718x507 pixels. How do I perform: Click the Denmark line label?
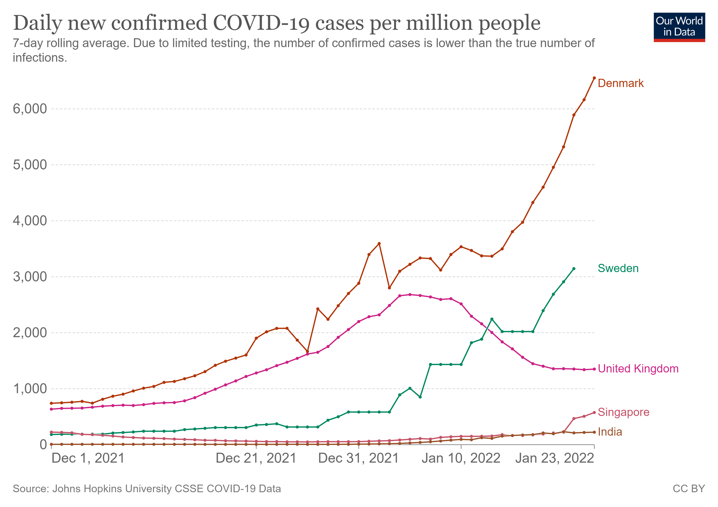coord(620,83)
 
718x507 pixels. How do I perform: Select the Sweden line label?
coord(618,268)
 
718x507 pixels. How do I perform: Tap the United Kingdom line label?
coord(638,369)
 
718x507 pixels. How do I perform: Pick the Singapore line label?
coord(623,412)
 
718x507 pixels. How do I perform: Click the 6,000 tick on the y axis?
coord(30,109)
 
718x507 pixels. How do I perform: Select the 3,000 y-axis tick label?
coord(30,277)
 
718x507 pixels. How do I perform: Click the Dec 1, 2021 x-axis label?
coord(88,458)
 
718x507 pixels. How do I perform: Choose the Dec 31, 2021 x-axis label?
coord(358,458)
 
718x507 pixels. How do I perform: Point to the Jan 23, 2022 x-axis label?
coord(555,458)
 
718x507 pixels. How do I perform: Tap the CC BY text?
coord(689,489)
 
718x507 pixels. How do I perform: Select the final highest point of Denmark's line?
coord(594,78)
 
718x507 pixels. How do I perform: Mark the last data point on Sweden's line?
coord(574,269)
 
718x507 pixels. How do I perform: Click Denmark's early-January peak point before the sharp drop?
coord(379,243)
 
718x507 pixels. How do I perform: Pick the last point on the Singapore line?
coord(594,413)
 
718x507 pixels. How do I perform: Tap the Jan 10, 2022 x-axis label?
coord(461,458)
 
